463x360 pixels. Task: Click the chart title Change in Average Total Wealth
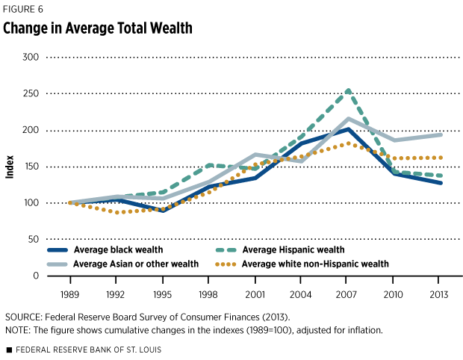tap(98, 29)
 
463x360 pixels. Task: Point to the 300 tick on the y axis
tap(30, 57)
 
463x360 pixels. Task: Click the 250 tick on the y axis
tap(30, 93)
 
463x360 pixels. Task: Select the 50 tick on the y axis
tap(32, 239)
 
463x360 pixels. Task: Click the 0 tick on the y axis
tap(35, 276)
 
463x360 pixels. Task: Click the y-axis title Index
tap(10, 167)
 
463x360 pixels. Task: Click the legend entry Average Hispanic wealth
tap(299, 249)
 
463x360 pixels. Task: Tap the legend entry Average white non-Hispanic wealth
tap(320, 264)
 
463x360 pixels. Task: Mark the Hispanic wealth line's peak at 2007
tap(348, 91)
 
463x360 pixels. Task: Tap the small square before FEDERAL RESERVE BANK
tap(8, 350)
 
